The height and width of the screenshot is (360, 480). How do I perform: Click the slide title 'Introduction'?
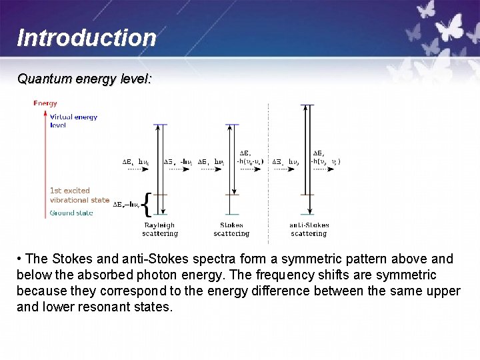tap(86, 38)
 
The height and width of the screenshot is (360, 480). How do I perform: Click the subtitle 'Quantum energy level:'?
tap(84, 79)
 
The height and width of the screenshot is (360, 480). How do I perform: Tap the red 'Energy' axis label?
tap(45, 103)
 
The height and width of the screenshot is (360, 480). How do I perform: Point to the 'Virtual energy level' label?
tap(73, 121)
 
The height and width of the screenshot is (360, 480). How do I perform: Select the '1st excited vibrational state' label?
tap(79, 195)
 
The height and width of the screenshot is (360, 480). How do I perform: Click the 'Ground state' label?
tap(71, 213)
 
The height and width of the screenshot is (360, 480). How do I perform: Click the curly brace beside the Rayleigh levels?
tap(147, 205)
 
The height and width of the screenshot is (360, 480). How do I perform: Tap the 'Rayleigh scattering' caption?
tap(160, 229)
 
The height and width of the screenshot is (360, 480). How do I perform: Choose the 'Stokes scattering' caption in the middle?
tap(231, 229)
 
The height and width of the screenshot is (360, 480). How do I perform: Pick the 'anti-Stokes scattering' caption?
tap(309, 229)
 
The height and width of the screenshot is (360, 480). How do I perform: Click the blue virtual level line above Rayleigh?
tap(160, 124)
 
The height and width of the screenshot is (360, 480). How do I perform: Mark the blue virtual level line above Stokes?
tap(231, 124)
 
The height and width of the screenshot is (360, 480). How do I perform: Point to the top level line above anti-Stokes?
tap(307, 105)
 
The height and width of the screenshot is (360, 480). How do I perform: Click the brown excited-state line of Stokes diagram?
tap(231, 195)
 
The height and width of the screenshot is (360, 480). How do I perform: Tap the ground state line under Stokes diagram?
tap(231, 215)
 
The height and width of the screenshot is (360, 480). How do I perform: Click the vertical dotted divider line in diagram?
tap(268, 173)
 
